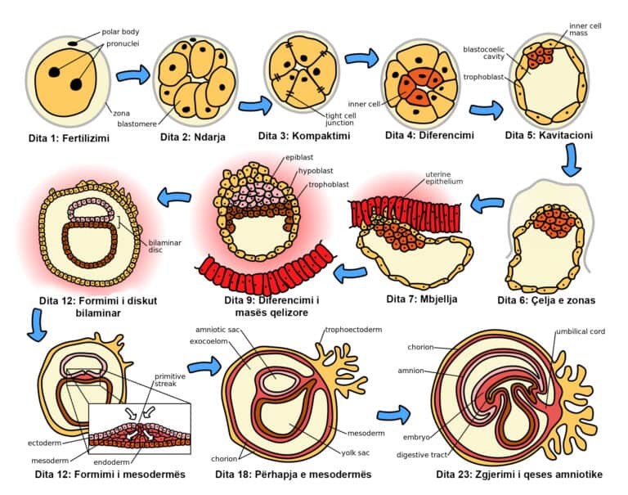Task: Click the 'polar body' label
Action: point(120,33)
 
